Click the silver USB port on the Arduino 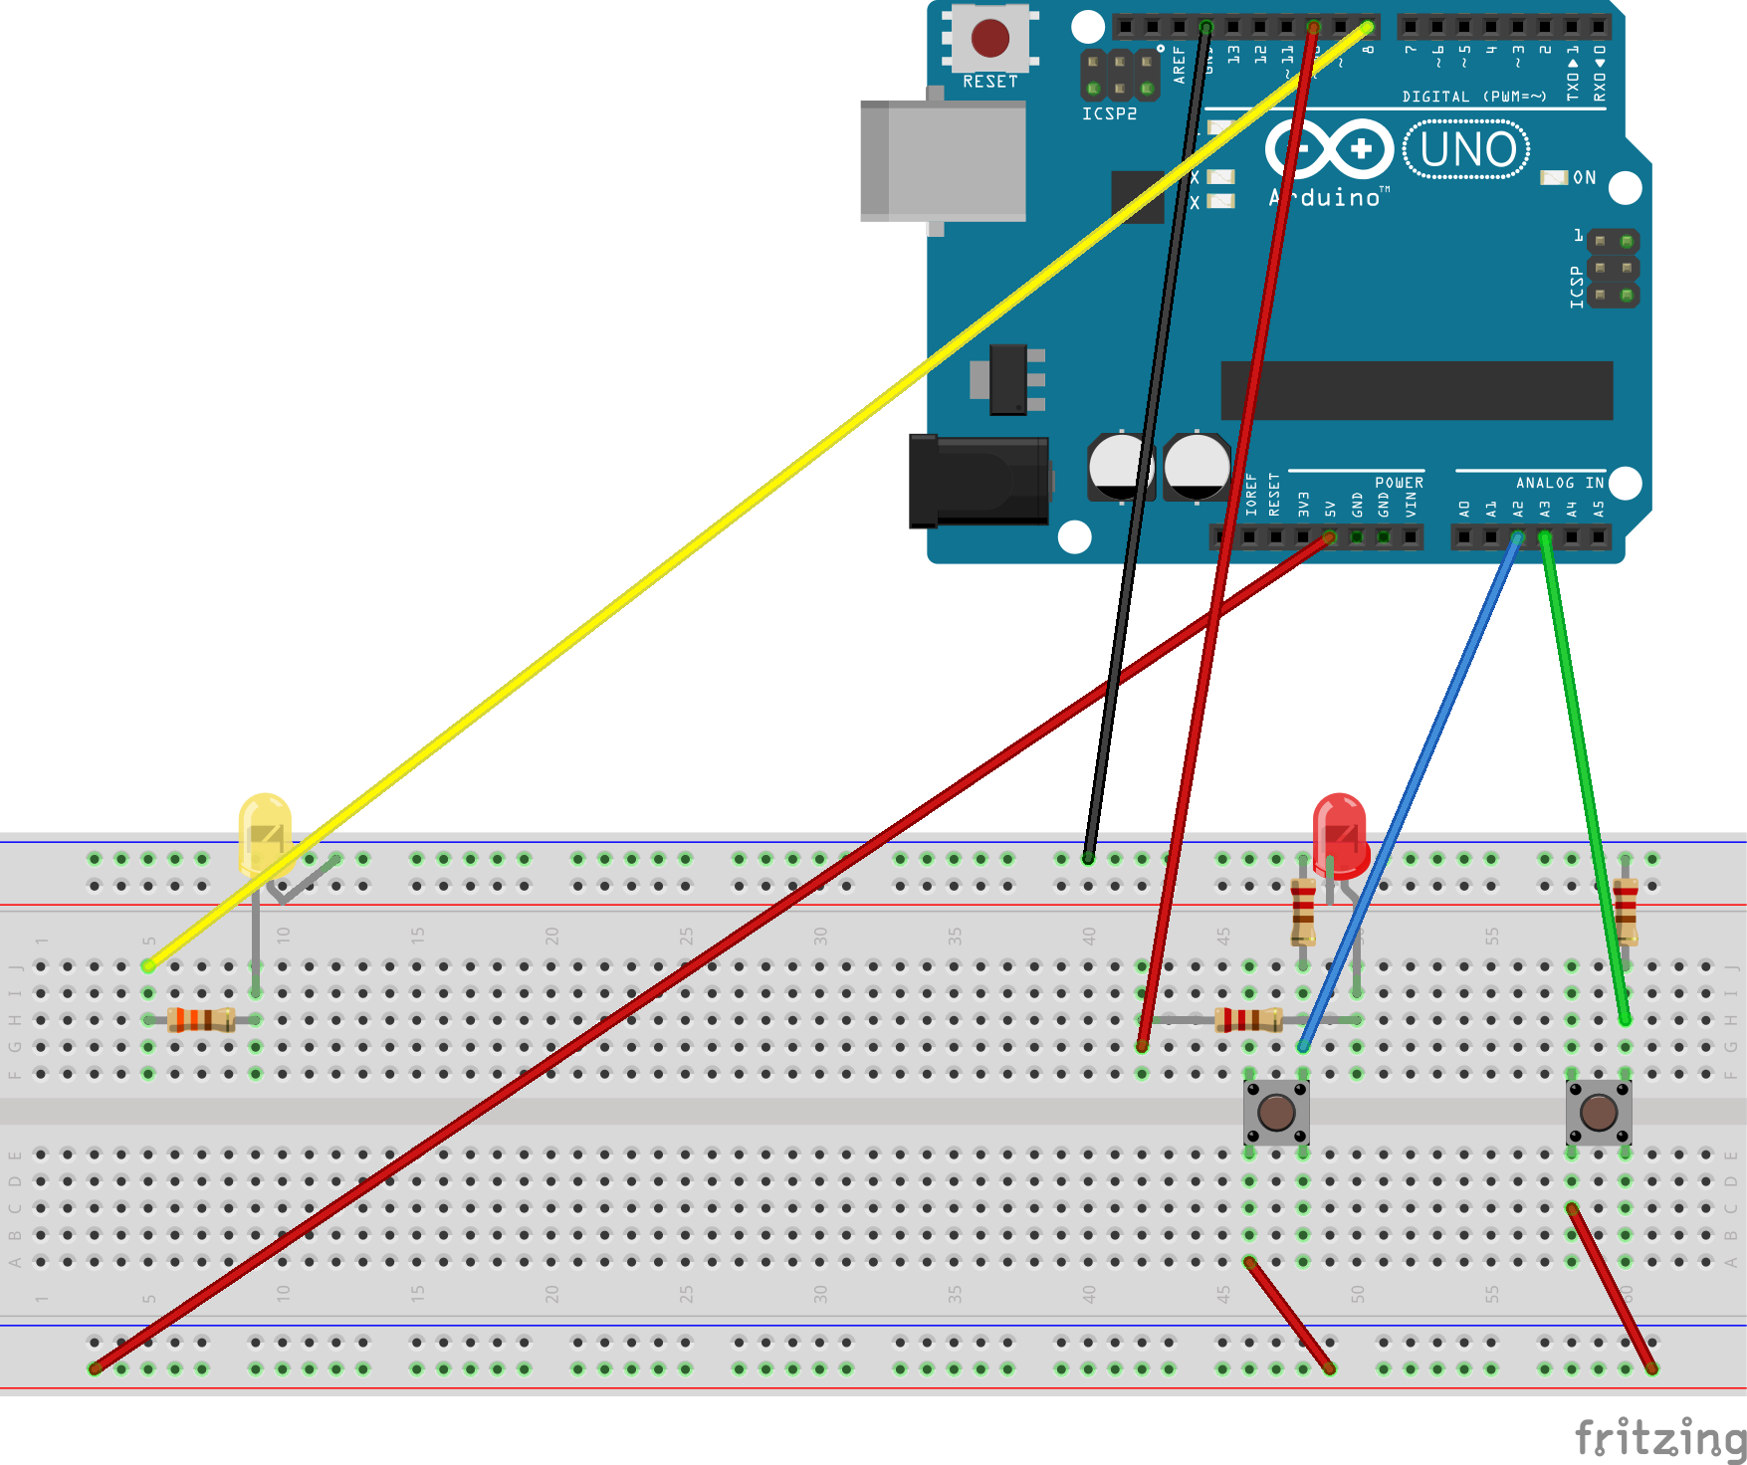(944, 160)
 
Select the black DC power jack (980, 481)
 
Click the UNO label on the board (1466, 150)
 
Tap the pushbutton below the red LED (1276, 1112)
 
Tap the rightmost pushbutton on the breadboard (1598, 1112)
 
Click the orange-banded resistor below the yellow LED (201, 1019)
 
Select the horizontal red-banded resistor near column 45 (1248, 1019)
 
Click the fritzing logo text (1659, 1438)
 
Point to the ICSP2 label (1109, 114)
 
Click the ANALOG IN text (1559, 483)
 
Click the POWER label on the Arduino (1399, 483)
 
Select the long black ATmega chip (1417, 390)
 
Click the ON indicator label (1584, 178)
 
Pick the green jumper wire (1583, 776)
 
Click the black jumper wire (1145, 448)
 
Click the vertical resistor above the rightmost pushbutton (1625, 911)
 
